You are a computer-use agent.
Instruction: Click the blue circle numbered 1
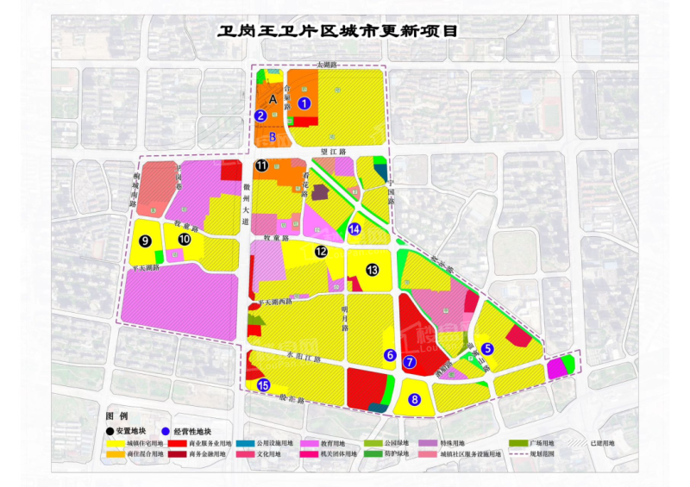tap(304, 103)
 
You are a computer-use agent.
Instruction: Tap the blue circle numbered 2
tap(260, 116)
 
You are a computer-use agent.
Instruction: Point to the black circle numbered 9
tap(146, 240)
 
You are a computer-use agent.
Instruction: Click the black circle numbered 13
tap(372, 270)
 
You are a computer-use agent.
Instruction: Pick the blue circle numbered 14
tap(355, 229)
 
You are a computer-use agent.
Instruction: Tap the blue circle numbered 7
tap(410, 363)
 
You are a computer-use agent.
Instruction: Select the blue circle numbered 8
tap(415, 399)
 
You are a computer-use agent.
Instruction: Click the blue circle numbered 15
tap(263, 385)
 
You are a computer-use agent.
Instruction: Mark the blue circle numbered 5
tap(487, 348)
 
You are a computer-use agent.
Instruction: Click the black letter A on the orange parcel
tap(273, 100)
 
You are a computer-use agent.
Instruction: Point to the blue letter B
tap(273, 136)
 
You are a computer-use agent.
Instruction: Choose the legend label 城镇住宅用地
tap(147, 443)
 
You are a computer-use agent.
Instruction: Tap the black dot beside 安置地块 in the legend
tap(110, 431)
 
